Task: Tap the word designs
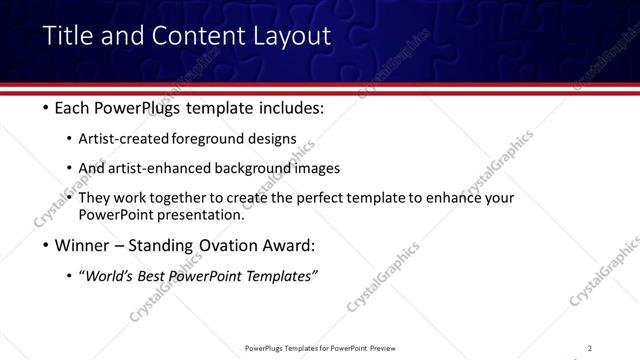(x=271, y=139)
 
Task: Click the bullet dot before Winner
(x=46, y=246)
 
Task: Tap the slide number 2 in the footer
(x=589, y=348)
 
